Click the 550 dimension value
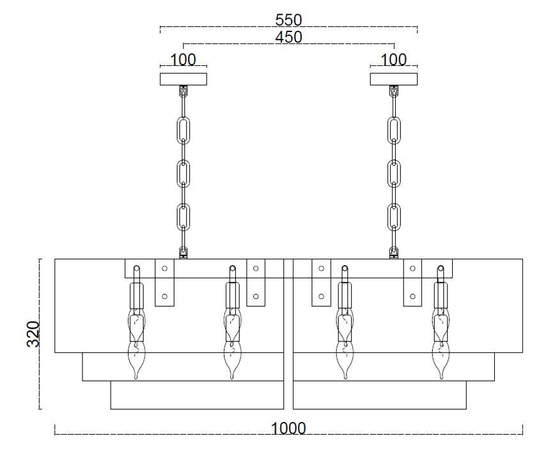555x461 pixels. pos(288,20)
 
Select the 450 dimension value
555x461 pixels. pos(288,38)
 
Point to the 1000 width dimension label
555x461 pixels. pos(288,428)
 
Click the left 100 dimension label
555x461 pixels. pos(183,60)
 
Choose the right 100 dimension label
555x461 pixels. pos(394,60)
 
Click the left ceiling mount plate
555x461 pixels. pos(184,79)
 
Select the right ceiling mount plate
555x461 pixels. pos(394,79)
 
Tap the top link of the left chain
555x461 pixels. pos(184,129)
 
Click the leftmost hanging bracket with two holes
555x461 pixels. pos(165,282)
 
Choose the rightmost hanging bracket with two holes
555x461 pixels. pos(412,282)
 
